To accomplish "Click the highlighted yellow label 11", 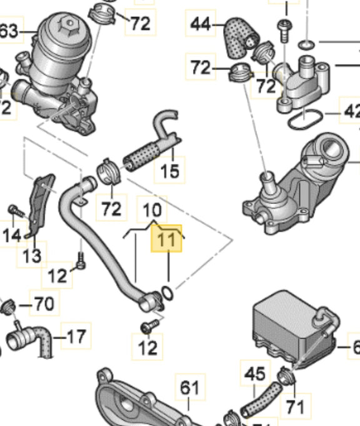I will (x=167, y=239).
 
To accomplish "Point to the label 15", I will (x=169, y=170).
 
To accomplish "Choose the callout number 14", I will (x=12, y=235).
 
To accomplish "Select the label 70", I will (x=43, y=305).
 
